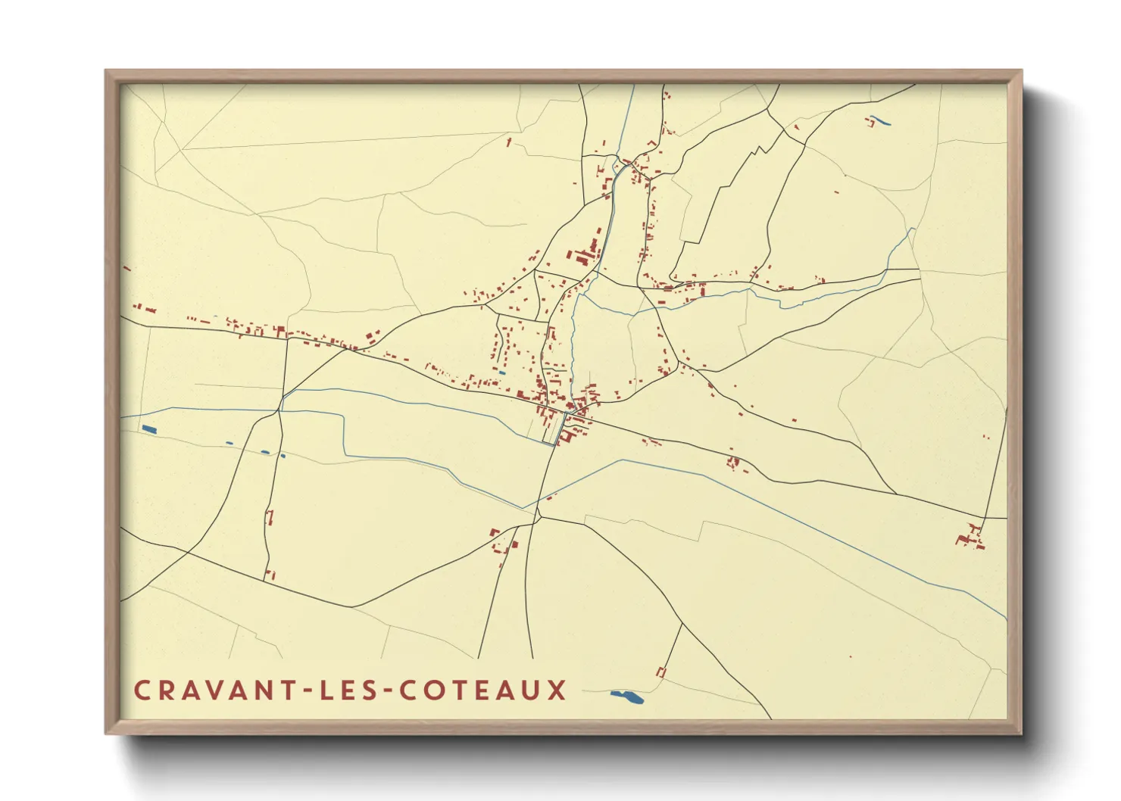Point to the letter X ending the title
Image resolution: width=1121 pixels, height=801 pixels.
(x=557, y=690)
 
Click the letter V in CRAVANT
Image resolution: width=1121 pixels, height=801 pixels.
(x=217, y=690)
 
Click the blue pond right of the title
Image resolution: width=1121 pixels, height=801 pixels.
(x=627, y=697)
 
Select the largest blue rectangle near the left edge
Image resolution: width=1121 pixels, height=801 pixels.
(x=148, y=429)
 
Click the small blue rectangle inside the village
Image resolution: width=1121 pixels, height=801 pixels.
(x=501, y=372)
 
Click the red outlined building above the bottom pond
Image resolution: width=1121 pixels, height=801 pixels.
(x=660, y=672)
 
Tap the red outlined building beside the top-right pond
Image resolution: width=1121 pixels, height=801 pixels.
(x=868, y=121)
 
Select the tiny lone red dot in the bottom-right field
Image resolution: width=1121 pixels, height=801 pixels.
(x=851, y=656)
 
